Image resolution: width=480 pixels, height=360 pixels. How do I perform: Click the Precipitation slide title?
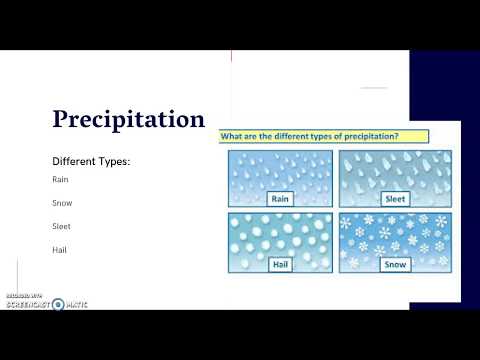click(129, 119)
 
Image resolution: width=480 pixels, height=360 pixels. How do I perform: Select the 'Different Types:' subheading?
click(91, 160)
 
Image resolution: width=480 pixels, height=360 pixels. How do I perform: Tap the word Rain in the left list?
click(60, 179)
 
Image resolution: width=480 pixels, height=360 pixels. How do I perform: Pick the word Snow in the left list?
click(62, 202)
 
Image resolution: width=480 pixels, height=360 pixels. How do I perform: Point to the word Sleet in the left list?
click(62, 226)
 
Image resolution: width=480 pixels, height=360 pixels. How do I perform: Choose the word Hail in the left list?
click(60, 249)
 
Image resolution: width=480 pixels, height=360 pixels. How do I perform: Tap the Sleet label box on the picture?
click(394, 199)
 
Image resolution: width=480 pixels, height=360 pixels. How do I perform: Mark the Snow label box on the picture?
click(394, 264)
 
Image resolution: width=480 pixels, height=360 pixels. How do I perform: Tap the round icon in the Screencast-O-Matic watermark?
click(58, 303)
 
